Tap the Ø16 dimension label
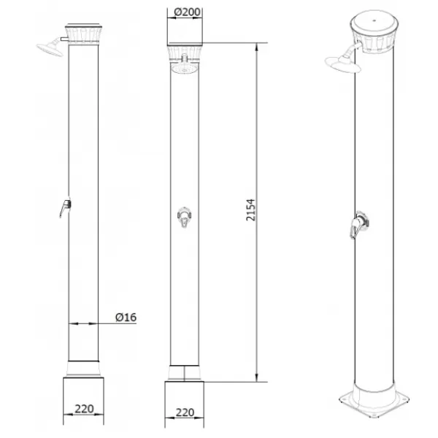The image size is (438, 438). pyautogui.click(x=126, y=317)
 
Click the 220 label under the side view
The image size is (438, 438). pyautogui.click(x=83, y=410)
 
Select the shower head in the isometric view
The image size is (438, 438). pyautogui.click(x=342, y=65)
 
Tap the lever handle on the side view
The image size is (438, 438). pyautogui.click(x=64, y=209)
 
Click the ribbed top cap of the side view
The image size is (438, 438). pyautogui.click(x=83, y=34)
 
